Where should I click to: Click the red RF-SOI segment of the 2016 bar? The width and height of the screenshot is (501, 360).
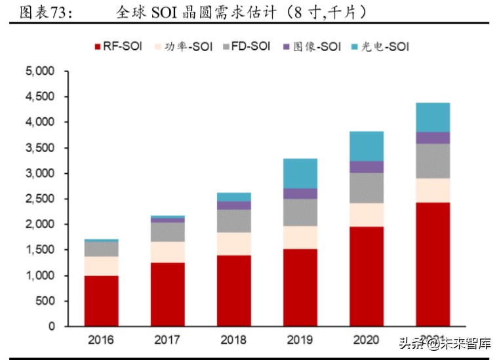click(x=101, y=300)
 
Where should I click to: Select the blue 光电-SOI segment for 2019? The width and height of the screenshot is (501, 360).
click(x=300, y=173)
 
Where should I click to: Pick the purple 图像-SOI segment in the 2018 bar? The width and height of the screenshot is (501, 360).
click(x=233, y=205)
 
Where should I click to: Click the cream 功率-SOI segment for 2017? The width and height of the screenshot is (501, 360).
click(x=167, y=252)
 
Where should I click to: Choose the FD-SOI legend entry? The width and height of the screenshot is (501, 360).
click(x=245, y=47)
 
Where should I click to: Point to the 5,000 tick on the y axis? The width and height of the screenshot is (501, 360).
click(x=43, y=71)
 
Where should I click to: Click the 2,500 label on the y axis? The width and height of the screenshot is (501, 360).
click(x=43, y=199)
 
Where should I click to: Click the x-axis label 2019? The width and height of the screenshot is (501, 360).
click(x=300, y=340)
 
